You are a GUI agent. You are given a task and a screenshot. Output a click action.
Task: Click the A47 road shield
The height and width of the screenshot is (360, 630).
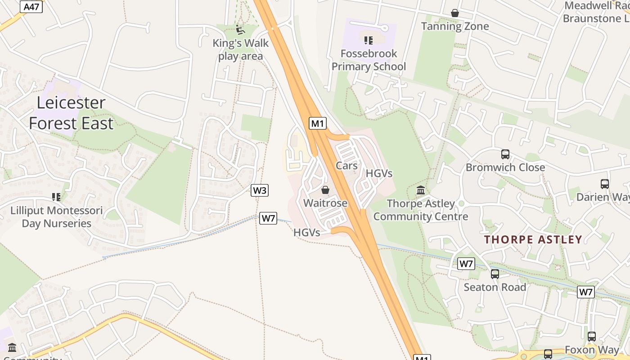pos(31,6)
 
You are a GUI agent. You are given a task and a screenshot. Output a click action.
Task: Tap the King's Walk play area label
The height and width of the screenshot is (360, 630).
pos(240,49)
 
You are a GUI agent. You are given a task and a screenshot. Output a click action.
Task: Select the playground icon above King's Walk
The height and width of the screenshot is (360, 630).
pos(240,30)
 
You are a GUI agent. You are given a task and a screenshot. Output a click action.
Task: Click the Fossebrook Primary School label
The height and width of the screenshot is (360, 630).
pos(369,60)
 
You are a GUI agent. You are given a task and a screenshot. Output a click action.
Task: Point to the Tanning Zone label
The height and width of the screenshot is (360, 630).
pos(455,26)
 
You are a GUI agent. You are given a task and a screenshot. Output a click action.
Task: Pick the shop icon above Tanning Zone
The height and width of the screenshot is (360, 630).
pos(455,13)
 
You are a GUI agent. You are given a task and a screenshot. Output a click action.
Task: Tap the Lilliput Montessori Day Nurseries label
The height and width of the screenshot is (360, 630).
pos(57,217)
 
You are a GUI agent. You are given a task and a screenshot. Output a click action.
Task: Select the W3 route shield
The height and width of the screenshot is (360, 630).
pos(260,190)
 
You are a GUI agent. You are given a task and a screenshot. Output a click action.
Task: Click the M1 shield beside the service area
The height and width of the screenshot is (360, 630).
pos(317,123)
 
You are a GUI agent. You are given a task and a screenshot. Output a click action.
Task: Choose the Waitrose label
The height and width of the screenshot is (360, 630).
pos(325,203)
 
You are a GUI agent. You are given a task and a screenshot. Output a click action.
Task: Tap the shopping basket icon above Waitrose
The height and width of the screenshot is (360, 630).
pos(325,190)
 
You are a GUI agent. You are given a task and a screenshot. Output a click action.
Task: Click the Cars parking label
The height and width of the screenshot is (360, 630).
pos(346,166)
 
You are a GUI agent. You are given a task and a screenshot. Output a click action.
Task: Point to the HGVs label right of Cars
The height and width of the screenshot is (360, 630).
pos(379,173)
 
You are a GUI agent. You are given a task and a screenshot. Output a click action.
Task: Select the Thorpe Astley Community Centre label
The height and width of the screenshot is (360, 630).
pos(421,210)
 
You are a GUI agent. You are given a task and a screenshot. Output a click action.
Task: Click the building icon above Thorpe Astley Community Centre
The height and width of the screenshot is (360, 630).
pos(421,190)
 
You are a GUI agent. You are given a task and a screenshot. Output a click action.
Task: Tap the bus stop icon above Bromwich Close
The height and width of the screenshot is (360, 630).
pos(505,154)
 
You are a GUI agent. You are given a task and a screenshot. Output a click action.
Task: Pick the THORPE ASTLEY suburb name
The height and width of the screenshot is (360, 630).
pos(533,239)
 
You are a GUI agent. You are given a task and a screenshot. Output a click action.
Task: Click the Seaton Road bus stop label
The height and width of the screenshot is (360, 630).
pos(495,287)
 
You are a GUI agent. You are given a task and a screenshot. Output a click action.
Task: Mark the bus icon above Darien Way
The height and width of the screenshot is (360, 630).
pos(604,184)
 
